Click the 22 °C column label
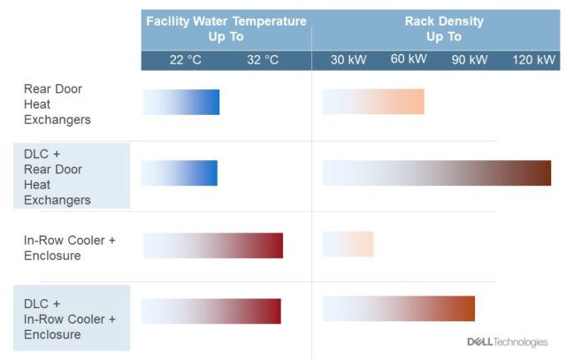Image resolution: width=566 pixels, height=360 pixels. (186, 59)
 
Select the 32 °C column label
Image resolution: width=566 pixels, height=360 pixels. (263, 59)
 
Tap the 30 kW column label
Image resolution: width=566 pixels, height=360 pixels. (348, 59)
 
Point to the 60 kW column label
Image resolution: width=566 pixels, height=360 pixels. (409, 58)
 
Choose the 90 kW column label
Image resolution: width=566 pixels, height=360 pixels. (470, 59)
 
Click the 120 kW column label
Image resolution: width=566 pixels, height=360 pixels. (534, 59)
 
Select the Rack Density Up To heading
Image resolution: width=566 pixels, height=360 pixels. (444, 29)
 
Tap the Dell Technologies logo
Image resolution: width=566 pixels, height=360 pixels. (507, 341)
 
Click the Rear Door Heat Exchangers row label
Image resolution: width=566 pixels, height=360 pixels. (57, 104)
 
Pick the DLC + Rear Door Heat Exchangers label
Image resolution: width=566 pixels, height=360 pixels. (57, 177)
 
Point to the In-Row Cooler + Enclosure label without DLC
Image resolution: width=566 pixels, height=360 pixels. (70, 248)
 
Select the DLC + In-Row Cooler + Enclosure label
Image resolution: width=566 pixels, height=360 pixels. (70, 318)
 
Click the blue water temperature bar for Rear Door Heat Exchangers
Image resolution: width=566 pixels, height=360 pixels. (181, 103)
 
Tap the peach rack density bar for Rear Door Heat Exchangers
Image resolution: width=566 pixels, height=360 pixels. (373, 102)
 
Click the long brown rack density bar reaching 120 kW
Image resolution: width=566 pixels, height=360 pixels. (437, 173)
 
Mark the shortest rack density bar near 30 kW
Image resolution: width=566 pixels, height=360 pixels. (348, 244)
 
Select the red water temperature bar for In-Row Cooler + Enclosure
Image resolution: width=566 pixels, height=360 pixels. (213, 246)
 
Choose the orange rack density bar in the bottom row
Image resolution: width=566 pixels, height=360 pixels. (399, 309)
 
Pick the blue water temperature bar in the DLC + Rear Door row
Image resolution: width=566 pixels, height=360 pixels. (180, 173)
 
